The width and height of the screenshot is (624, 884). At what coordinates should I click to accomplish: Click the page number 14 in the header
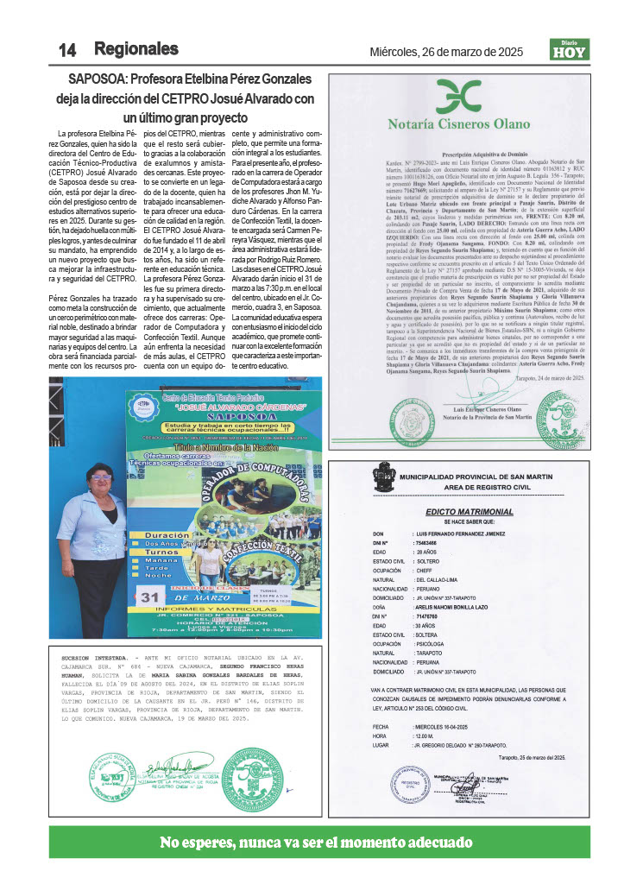coord(67,50)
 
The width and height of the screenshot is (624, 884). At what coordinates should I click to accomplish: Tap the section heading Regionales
coord(136,49)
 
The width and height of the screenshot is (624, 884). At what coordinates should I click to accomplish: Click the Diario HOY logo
coord(569,50)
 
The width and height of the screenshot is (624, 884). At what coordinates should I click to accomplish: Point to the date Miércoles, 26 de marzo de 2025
coord(446,52)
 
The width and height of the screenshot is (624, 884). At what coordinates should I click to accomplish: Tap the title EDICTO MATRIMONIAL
coord(469,512)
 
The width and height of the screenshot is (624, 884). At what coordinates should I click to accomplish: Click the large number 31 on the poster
coord(152,596)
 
